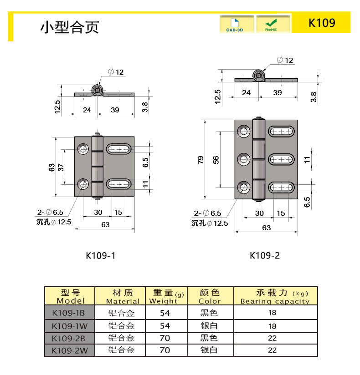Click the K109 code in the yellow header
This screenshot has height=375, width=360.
coord(322,23)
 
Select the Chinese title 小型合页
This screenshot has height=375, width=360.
coord(69,27)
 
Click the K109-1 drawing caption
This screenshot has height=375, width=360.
coord(101,256)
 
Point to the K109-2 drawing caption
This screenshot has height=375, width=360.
coord(265,255)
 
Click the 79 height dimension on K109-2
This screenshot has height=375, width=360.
coord(201,160)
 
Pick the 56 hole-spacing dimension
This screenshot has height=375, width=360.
coord(216,160)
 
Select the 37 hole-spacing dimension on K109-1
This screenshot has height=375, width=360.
coord(61,167)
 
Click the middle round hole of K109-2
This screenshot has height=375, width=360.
coord(244,159)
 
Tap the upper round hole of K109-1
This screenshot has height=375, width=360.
coord(83,149)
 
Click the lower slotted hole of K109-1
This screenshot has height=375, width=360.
coord(118,184)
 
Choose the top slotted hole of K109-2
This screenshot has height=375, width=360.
coord(281,132)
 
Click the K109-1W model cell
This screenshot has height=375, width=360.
coord(70,326)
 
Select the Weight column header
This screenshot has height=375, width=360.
coord(166,296)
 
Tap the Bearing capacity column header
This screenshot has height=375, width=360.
coord(275,296)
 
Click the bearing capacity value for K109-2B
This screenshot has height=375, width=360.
coord(273,338)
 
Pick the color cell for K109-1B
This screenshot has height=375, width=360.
coord(209,313)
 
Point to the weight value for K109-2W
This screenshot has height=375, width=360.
coord(165,350)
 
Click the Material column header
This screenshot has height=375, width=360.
coord(123,296)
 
